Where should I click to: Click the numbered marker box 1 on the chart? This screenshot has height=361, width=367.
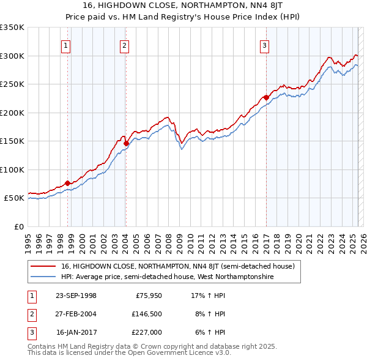[x=65, y=45]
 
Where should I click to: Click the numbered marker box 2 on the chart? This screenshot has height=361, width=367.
[x=124, y=45]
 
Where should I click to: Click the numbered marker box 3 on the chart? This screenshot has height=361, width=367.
[x=265, y=45]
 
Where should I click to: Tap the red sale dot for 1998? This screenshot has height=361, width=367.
[x=68, y=183]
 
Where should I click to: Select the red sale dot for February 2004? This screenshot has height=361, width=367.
[x=127, y=143]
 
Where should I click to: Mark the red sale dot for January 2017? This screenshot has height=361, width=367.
[x=267, y=97]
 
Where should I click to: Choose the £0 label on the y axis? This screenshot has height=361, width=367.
[x=18, y=226]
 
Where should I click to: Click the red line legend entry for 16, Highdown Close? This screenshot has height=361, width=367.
[x=178, y=266]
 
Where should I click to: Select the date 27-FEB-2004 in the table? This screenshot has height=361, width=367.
[x=75, y=314]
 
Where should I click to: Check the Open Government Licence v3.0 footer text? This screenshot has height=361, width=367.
[x=165, y=352]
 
